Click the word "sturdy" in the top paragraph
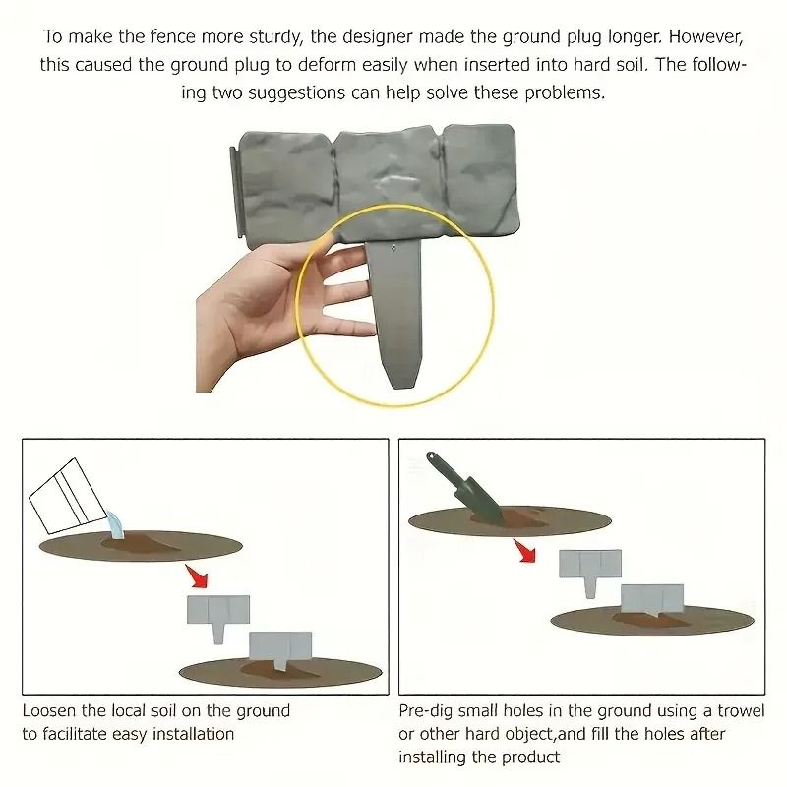tap(273, 38)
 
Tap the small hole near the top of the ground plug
tap(393, 248)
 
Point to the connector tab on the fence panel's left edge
tap(235, 193)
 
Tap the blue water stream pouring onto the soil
tap(115, 525)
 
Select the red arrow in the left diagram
tap(197, 576)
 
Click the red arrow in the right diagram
tap(524, 551)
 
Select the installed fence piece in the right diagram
tap(652, 601)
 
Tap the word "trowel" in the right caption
tap(741, 711)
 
